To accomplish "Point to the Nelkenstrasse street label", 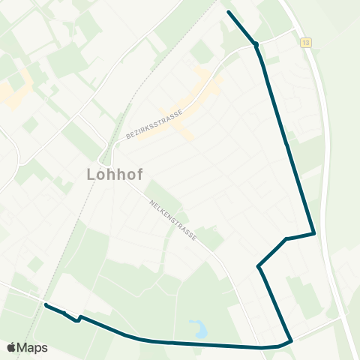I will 172,219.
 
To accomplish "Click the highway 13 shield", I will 305,43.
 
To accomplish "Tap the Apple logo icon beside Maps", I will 10,347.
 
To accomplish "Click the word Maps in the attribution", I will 32,347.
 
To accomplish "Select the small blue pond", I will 199,328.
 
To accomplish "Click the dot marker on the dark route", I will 256,44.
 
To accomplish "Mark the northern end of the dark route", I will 228,13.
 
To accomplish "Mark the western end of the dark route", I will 46,304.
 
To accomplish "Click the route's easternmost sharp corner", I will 313,233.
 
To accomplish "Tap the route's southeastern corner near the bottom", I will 291,341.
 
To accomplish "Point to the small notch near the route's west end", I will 77,321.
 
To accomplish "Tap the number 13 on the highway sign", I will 305,43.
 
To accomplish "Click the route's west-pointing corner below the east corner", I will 258,265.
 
